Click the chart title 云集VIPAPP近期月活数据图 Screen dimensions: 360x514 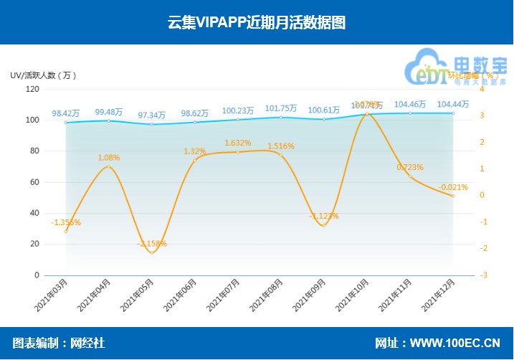coord(257,22)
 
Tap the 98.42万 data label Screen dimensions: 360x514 coord(65,113)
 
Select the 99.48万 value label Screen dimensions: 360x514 coord(108,112)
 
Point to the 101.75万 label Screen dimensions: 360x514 coord(280,109)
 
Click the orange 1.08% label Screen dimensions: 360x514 coord(108,158)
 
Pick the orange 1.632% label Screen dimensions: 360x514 coord(237,143)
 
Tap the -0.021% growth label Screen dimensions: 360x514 coord(453,187)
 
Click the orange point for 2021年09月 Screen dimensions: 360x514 coord(324,226)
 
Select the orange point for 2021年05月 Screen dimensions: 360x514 coord(152,253)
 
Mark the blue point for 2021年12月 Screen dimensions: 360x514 coord(453,113)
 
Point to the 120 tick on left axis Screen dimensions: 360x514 coord(32,89)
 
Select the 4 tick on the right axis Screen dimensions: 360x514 coord(482,89)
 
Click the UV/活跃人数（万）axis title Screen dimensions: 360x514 coord(43,75)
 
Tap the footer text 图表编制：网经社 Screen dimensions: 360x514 coord(59,344)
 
